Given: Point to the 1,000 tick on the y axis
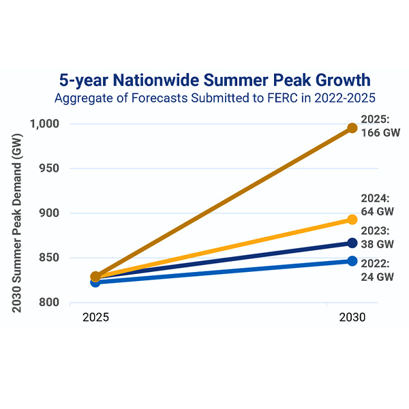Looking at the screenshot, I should pos(46,124).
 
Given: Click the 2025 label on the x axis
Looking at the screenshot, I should pos(96,318).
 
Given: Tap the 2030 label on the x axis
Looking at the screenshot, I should pos(352,318).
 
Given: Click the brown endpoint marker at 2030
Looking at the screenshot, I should pos(352,128).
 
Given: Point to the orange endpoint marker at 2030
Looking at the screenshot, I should pos(352,219).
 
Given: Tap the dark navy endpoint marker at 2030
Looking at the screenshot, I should pos(352,243).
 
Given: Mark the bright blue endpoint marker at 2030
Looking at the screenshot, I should pos(352,261).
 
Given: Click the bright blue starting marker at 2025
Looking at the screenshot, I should pos(95,282).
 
